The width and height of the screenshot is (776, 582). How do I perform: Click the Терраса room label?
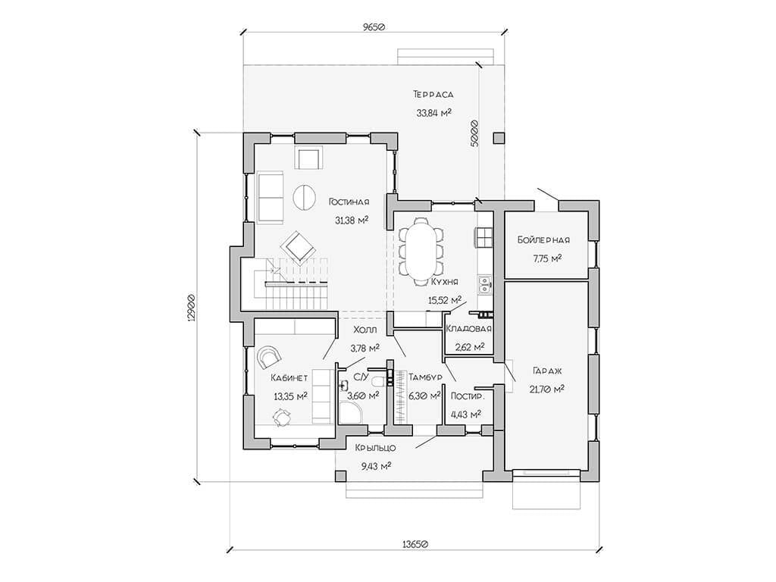[x=433, y=94]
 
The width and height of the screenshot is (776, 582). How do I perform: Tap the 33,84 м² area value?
[x=433, y=113]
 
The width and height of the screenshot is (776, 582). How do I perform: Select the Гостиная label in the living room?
[x=349, y=202]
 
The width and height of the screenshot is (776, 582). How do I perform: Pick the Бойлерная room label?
[x=544, y=240]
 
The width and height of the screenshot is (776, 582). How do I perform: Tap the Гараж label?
[x=547, y=371]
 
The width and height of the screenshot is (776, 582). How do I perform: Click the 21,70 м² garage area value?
[x=547, y=389]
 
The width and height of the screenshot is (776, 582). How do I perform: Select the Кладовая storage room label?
[x=468, y=329]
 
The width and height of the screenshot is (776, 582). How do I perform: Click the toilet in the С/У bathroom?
[x=378, y=382]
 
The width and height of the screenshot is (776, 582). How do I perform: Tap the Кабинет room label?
[x=289, y=378]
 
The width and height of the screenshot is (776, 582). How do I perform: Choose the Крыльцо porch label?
[x=376, y=448]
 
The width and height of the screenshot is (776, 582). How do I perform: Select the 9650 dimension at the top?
[x=374, y=27]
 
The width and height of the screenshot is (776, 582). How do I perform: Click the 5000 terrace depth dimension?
[x=474, y=133]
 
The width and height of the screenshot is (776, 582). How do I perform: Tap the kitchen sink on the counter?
[x=484, y=283]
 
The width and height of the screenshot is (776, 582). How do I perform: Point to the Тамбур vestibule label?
[x=425, y=377]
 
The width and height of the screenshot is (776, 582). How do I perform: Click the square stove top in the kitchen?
[x=484, y=237]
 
